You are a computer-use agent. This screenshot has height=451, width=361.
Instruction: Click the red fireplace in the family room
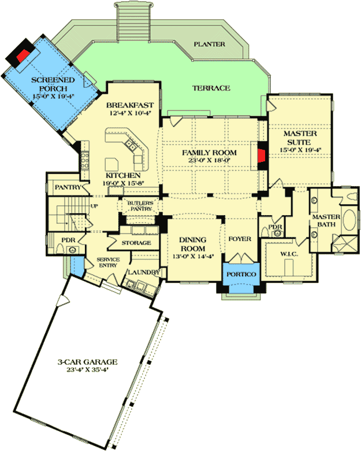(x=261, y=155)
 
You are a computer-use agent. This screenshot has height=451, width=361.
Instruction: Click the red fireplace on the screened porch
(x=23, y=55)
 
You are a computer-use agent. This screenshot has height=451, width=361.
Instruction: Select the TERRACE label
(x=211, y=88)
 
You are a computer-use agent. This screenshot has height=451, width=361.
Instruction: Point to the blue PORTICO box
(x=240, y=274)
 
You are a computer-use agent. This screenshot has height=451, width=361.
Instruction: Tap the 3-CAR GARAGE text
(x=87, y=362)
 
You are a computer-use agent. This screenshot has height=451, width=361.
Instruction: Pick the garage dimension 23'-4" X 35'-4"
(x=87, y=371)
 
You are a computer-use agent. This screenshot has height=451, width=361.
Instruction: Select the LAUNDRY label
(x=140, y=272)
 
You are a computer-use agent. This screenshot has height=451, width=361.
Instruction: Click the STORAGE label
(x=137, y=243)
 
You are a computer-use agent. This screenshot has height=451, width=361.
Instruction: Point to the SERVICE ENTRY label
(x=107, y=263)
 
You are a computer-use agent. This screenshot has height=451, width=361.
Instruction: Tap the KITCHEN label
(x=122, y=175)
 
